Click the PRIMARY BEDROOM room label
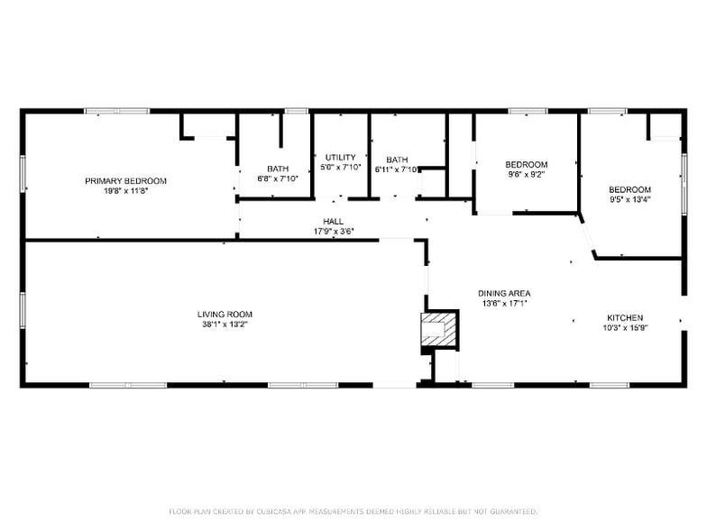coord(125,180)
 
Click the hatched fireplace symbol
coord(439,331)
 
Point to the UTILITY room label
coord(341,157)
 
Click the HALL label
coord(333,221)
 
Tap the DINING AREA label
coord(504,293)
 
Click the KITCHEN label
coord(624,317)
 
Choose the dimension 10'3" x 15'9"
coord(624,327)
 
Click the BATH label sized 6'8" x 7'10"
coord(278,169)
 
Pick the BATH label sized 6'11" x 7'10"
coord(397,160)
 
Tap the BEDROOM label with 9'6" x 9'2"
coord(527,164)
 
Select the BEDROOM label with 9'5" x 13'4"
coord(630,188)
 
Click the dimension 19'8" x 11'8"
coord(125,190)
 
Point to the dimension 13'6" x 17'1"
coord(504,303)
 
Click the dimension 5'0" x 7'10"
coord(341,167)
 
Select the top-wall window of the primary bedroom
coord(117,111)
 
